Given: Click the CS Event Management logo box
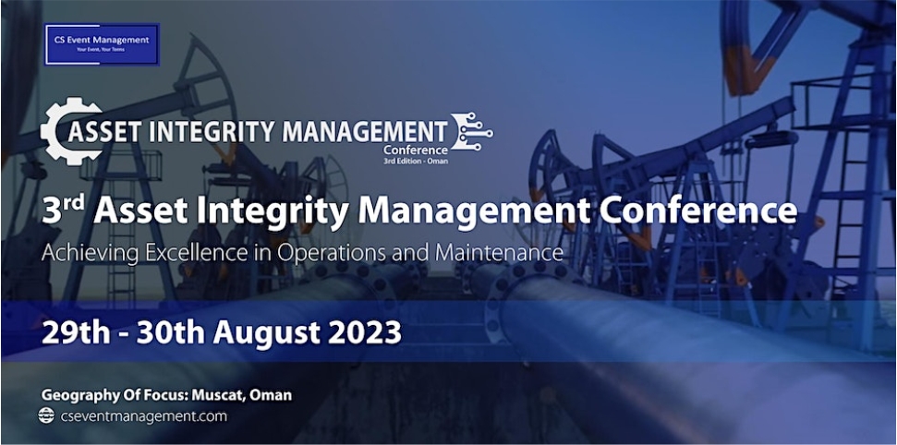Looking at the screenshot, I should (102, 43).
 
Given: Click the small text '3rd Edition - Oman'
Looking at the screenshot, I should (416, 161).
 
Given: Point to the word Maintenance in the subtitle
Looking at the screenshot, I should (503, 251).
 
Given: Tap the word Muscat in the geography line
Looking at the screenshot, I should (216, 395).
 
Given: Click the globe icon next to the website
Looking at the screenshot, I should (46, 416).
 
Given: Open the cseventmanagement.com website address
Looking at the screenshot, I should (143, 416).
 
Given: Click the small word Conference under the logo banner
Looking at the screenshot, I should (416, 150).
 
